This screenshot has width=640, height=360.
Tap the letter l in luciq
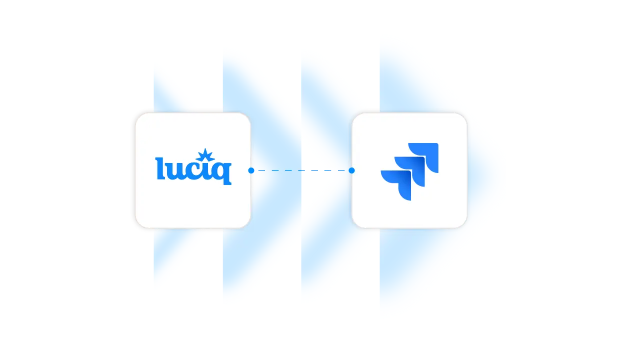click(160, 168)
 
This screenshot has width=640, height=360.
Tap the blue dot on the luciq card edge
click(251, 170)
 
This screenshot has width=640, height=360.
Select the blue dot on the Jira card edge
click(351, 170)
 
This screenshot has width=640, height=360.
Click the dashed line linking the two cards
click(300, 170)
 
